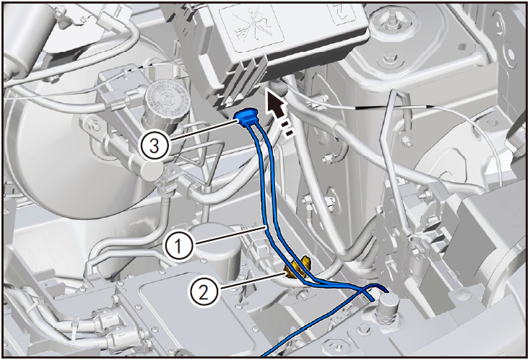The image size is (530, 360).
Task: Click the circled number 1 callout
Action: click(178, 246)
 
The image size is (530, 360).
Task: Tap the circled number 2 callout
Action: click(203, 292)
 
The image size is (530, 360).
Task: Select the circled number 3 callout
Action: click(155, 146)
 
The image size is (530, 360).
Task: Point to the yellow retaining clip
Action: click(297, 267)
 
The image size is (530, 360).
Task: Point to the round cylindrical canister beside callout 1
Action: click(214, 250)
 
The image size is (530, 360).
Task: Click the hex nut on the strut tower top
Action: click(390, 58)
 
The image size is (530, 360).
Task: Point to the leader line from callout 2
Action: click(253, 281)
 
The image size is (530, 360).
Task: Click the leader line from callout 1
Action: click(230, 235)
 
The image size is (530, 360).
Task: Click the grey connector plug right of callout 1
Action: click(258, 250)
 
